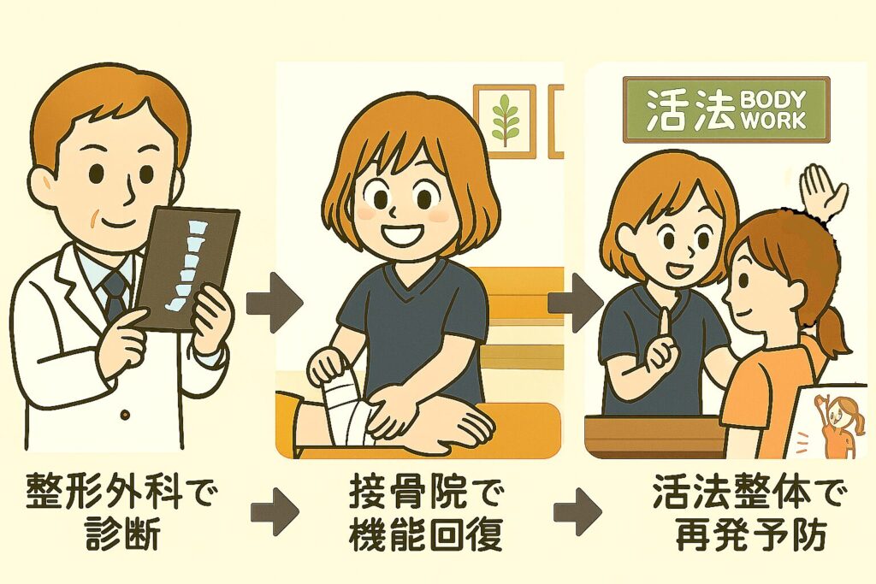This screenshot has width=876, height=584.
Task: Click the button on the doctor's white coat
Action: pyautogui.click(x=125, y=415)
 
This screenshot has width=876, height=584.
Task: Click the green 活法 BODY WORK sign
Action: pyautogui.click(x=726, y=109)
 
